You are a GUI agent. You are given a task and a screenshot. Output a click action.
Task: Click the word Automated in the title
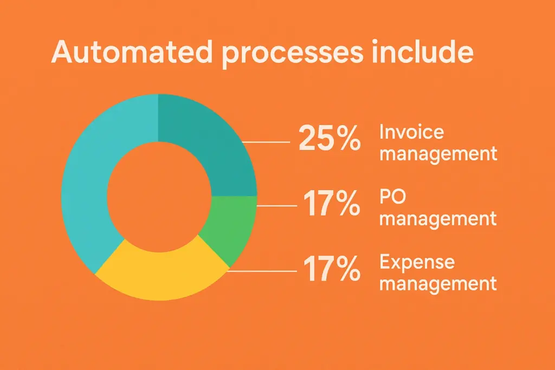[x=132, y=53]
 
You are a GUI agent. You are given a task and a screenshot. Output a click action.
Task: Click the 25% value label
[x=330, y=138]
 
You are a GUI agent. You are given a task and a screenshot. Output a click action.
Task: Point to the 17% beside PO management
[x=332, y=203]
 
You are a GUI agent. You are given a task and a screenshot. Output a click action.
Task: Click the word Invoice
[x=412, y=132]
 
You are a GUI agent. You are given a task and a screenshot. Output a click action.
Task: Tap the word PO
[x=392, y=197]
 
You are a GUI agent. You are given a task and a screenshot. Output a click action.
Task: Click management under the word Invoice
[x=438, y=154]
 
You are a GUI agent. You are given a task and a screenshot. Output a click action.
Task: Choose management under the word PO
[x=438, y=219]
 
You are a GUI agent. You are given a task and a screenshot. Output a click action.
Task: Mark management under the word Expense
[x=438, y=284]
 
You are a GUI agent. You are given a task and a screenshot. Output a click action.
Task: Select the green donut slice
[x=229, y=227]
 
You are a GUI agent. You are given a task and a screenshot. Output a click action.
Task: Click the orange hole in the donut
[x=159, y=197]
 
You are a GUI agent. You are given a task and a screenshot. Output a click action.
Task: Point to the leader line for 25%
[x=266, y=142]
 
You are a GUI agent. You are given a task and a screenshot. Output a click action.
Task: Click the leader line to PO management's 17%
[x=277, y=205]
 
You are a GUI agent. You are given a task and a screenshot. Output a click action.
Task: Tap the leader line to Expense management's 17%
[x=262, y=271]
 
